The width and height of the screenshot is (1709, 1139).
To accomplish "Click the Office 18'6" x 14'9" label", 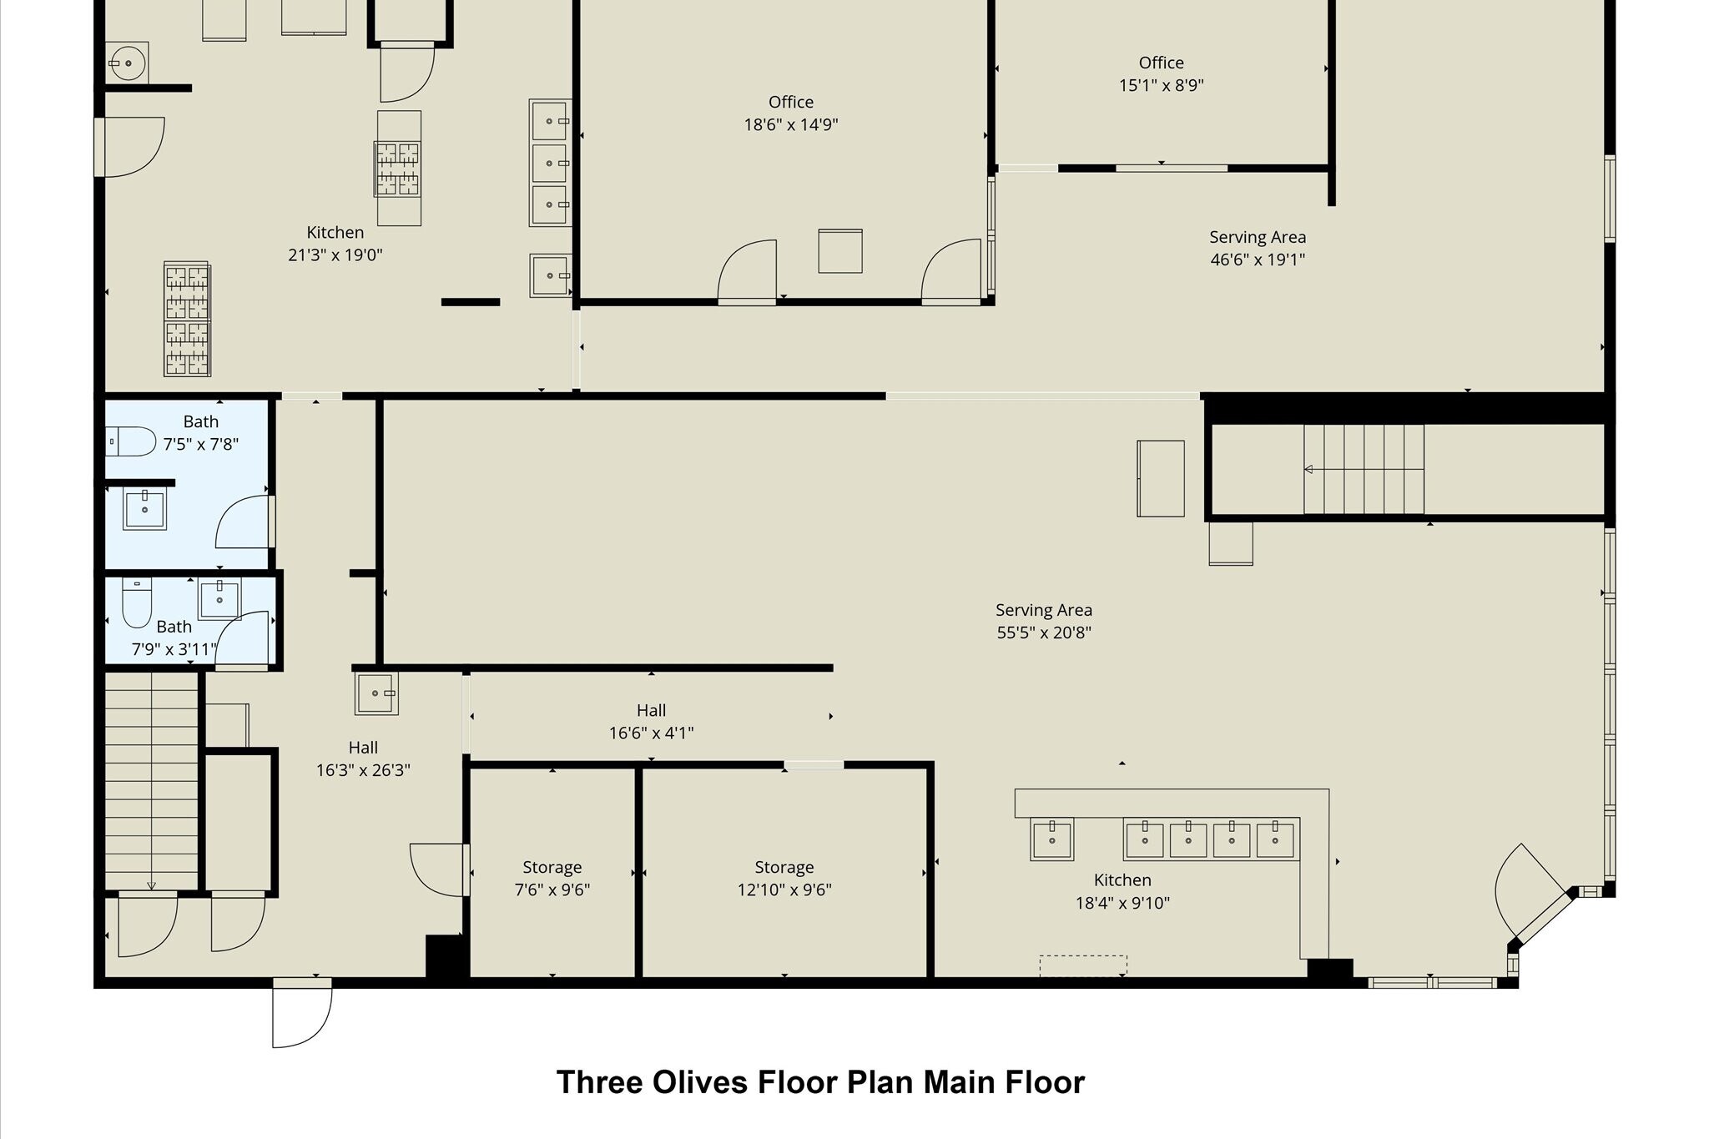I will tap(790, 113).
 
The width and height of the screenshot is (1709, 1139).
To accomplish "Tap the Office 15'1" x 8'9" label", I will tap(1161, 74).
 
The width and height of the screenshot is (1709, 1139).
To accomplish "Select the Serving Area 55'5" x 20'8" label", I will tap(1043, 622).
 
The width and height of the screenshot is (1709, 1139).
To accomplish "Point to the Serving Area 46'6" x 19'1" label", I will tap(1257, 249).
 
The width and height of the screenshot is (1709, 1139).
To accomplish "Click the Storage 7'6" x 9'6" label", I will tap(552, 879).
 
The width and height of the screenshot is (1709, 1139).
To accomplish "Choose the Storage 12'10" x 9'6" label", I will tap(784, 879).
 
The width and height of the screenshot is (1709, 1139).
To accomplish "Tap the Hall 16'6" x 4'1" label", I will tap(651, 722).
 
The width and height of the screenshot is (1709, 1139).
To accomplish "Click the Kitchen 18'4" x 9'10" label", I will tap(1122, 891).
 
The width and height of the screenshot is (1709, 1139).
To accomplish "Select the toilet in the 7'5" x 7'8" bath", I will tap(132, 441).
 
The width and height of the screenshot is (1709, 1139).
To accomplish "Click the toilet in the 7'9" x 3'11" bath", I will tap(137, 602).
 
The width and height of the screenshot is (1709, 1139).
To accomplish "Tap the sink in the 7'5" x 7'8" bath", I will tap(144, 507).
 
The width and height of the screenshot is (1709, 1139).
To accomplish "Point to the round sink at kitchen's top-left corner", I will tap(128, 63).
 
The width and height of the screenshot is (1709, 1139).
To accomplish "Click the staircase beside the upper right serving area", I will tap(1364, 469).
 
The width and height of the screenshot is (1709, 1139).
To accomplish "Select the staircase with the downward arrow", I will tap(151, 781).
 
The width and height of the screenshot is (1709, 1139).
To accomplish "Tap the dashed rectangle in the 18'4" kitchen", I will tap(1082, 965).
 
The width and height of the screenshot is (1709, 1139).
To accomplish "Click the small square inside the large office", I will tap(839, 251).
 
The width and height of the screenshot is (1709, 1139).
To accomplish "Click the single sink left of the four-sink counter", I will tap(1051, 839).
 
